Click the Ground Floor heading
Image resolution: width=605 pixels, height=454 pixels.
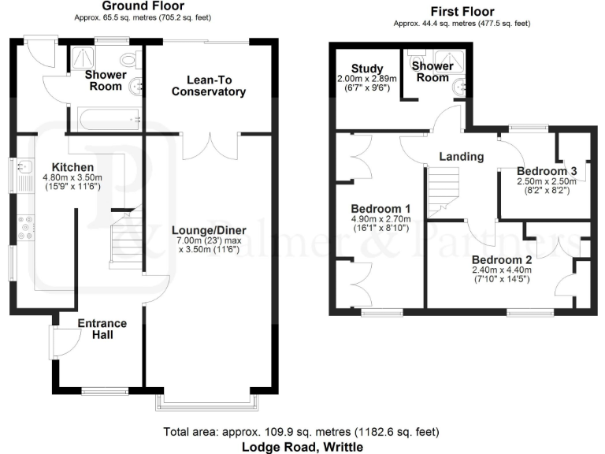click(144, 6)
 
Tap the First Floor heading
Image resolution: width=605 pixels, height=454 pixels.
click(462, 12)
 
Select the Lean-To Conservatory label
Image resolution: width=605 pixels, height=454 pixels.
click(210, 86)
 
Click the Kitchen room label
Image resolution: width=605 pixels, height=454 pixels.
click(72, 167)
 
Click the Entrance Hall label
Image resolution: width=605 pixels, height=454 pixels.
click(102, 329)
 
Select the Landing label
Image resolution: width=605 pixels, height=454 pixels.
click(461, 157)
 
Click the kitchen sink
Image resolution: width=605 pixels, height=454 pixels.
click(23, 167)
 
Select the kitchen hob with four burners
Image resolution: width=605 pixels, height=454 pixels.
click(24, 227)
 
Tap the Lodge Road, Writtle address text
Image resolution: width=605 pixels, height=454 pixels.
click(302, 446)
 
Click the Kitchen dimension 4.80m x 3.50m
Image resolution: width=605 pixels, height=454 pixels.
click(72, 179)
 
